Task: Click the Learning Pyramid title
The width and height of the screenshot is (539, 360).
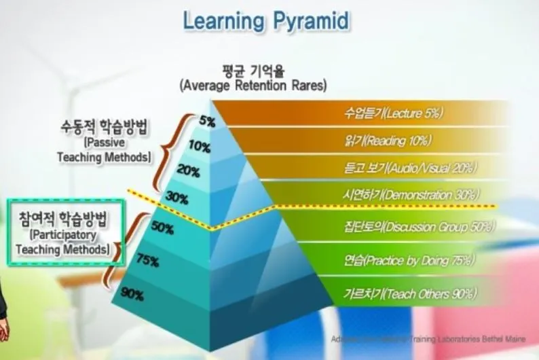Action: pyautogui.click(x=266, y=20)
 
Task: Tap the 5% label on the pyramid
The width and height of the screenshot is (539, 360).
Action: pyautogui.click(x=207, y=122)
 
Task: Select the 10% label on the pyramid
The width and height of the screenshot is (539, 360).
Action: pyautogui.click(x=200, y=146)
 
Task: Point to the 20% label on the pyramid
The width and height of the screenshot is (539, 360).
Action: pyautogui.click(x=187, y=170)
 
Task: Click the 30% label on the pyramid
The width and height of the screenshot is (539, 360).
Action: pyautogui.click(x=177, y=198)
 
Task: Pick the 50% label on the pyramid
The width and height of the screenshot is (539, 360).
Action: pyautogui.click(x=163, y=228)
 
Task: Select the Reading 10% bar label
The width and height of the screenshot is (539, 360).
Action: pyautogui.click(x=388, y=141)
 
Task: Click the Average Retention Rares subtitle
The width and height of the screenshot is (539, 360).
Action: pyautogui.click(x=253, y=86)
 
